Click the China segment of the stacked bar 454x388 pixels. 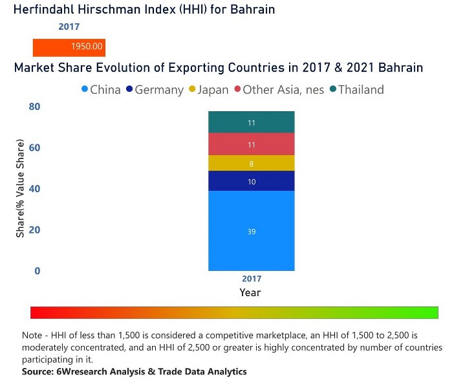[x=251, y=231]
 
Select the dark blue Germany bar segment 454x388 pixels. [x=251, y=182]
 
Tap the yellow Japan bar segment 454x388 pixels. [x=251, y=164]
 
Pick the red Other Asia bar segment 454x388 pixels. [x=251, y=144]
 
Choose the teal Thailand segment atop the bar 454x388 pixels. [x=251, y=122]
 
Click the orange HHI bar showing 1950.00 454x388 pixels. [x=69, y=47]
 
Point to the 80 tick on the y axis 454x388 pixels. [x=34, y=107]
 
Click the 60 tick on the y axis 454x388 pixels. [x=34, y=147]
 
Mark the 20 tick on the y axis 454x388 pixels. [x=34, y=230]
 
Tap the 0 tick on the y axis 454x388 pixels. [x=37, y=271]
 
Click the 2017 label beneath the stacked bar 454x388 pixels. [x=250, y=279]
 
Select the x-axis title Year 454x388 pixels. [x=250, y=293]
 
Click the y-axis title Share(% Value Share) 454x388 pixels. [x=21, y=188]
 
